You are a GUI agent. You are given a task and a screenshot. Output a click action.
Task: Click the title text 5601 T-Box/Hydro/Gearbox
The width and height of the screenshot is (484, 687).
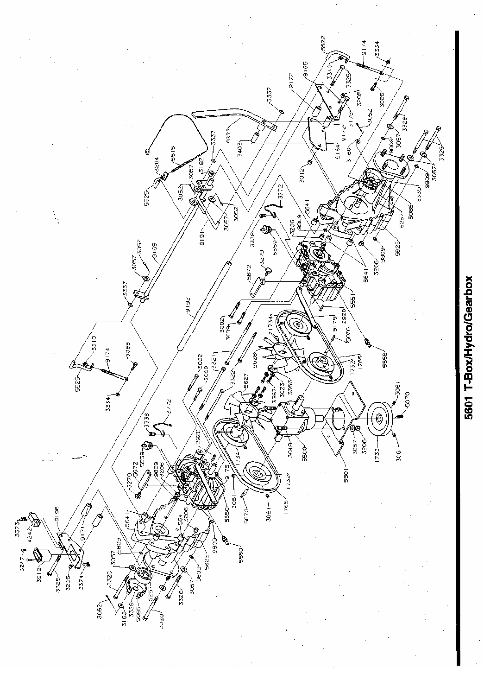pos(469,349)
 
